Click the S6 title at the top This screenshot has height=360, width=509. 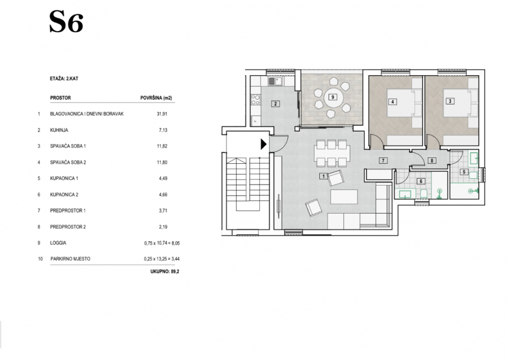66,22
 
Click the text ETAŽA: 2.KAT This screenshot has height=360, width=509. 64,78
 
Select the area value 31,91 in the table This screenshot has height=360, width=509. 162,114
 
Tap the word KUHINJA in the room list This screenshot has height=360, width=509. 59,130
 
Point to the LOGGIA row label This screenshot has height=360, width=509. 58,243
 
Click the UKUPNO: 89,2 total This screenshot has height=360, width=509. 164,271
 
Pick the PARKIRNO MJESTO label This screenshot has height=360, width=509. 70,259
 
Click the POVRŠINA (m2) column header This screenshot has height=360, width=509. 156,98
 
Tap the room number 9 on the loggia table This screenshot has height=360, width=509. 332,96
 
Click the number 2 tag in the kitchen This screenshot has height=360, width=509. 275,104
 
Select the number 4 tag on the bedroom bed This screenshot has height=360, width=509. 392,102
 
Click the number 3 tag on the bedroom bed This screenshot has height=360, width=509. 450,101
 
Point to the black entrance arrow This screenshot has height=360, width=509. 264,144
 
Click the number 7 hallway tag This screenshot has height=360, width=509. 383,160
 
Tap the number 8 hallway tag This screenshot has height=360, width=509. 432,160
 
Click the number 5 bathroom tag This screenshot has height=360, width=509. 464,172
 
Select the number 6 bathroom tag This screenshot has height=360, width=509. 420,181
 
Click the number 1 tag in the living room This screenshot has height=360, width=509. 323,176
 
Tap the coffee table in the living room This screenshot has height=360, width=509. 344,197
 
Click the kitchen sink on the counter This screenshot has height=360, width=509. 276,81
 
